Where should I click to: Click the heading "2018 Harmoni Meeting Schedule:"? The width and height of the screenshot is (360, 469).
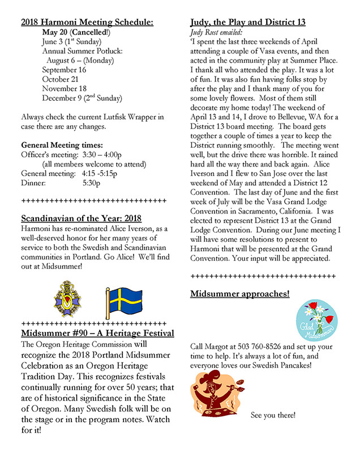[x=87, y=23]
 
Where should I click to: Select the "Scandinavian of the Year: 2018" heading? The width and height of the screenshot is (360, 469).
[x=81, y=218]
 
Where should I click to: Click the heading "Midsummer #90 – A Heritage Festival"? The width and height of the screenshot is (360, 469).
[x=97, y=332]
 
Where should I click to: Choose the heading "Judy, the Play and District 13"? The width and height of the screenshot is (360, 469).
[x=248, y=23]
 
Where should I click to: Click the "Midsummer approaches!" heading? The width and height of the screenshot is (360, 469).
[x=240, y=294]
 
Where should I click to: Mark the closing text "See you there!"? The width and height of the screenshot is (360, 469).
[x=273, y=416]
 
